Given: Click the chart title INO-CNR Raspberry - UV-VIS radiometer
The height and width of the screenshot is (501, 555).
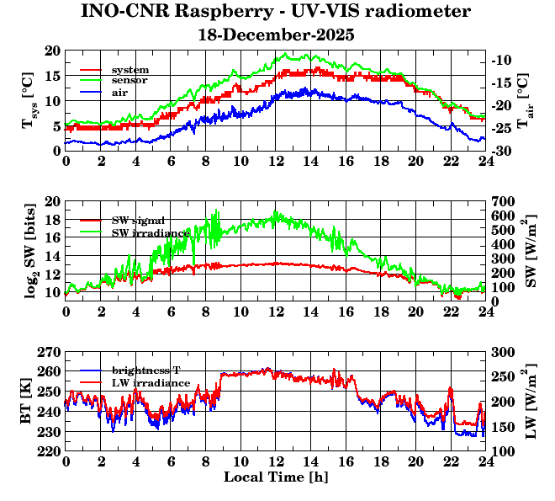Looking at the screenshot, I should tap(276, 12).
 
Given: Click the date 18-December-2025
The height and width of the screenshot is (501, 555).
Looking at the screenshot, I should tap(276, 35).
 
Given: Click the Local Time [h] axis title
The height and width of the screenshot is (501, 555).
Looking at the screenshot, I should tap(275, 477).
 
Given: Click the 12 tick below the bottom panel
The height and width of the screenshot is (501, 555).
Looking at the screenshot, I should tap(275, 462).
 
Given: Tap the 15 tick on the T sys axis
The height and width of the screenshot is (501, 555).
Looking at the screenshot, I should tap(52, 76).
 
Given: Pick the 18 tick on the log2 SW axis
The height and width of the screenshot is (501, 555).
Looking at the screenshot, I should tap(52, 220).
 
